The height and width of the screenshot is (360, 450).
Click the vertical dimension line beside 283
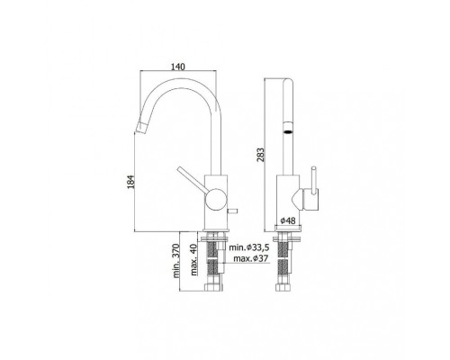[x=269, y=153]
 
